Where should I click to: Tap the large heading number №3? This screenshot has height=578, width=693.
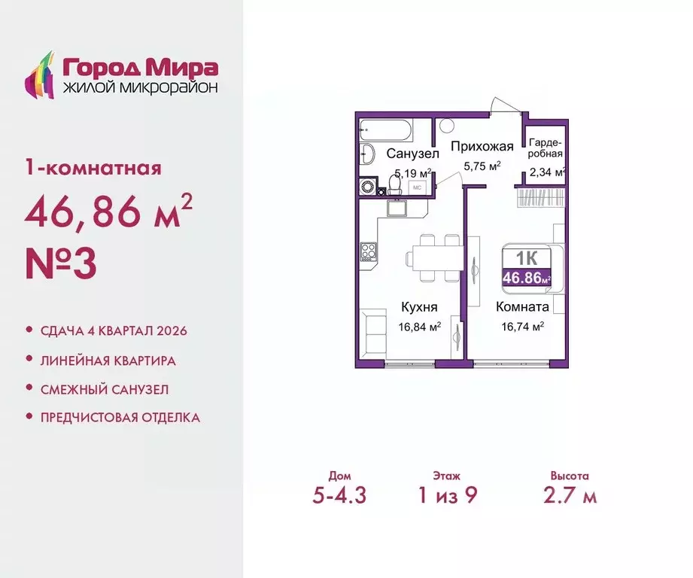(61, 266)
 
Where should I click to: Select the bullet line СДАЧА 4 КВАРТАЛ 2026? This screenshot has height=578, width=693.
(111, 331)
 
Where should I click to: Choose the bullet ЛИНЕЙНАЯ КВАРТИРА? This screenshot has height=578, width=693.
(108, 360)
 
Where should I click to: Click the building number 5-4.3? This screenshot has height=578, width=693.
(339, 496)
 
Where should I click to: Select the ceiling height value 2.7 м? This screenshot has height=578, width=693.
(569, 496)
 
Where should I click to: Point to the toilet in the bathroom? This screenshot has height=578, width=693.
(369, 155)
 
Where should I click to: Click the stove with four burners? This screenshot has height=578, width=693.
(369, 251)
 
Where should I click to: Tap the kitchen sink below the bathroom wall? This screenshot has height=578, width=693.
(397, 208)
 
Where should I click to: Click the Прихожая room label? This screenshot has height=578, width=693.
(482, 147)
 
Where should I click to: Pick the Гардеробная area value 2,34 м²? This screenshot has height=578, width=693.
(546, 172)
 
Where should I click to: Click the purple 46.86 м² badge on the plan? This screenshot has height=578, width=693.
(526, 278)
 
